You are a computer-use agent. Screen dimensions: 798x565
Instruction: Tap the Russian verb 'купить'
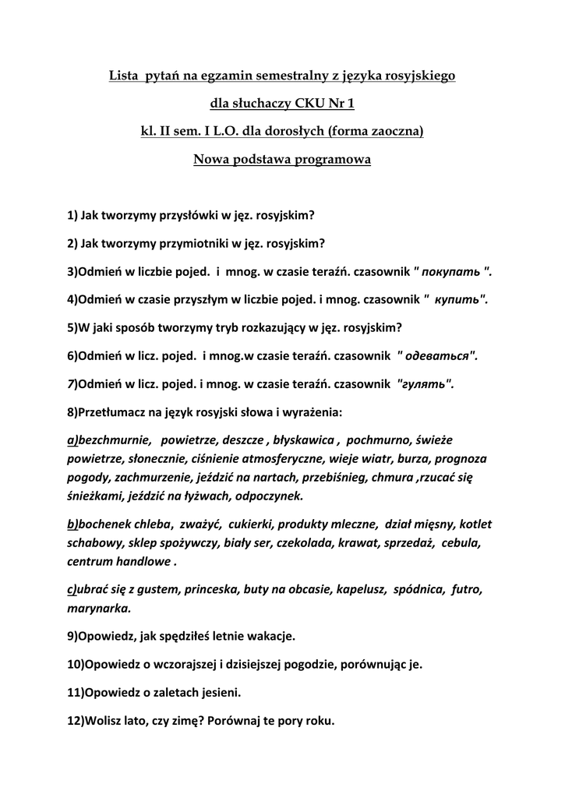(460, 299)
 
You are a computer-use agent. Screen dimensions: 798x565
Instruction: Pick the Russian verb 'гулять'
(426, 383)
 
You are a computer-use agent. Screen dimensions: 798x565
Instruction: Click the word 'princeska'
(214, 589)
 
